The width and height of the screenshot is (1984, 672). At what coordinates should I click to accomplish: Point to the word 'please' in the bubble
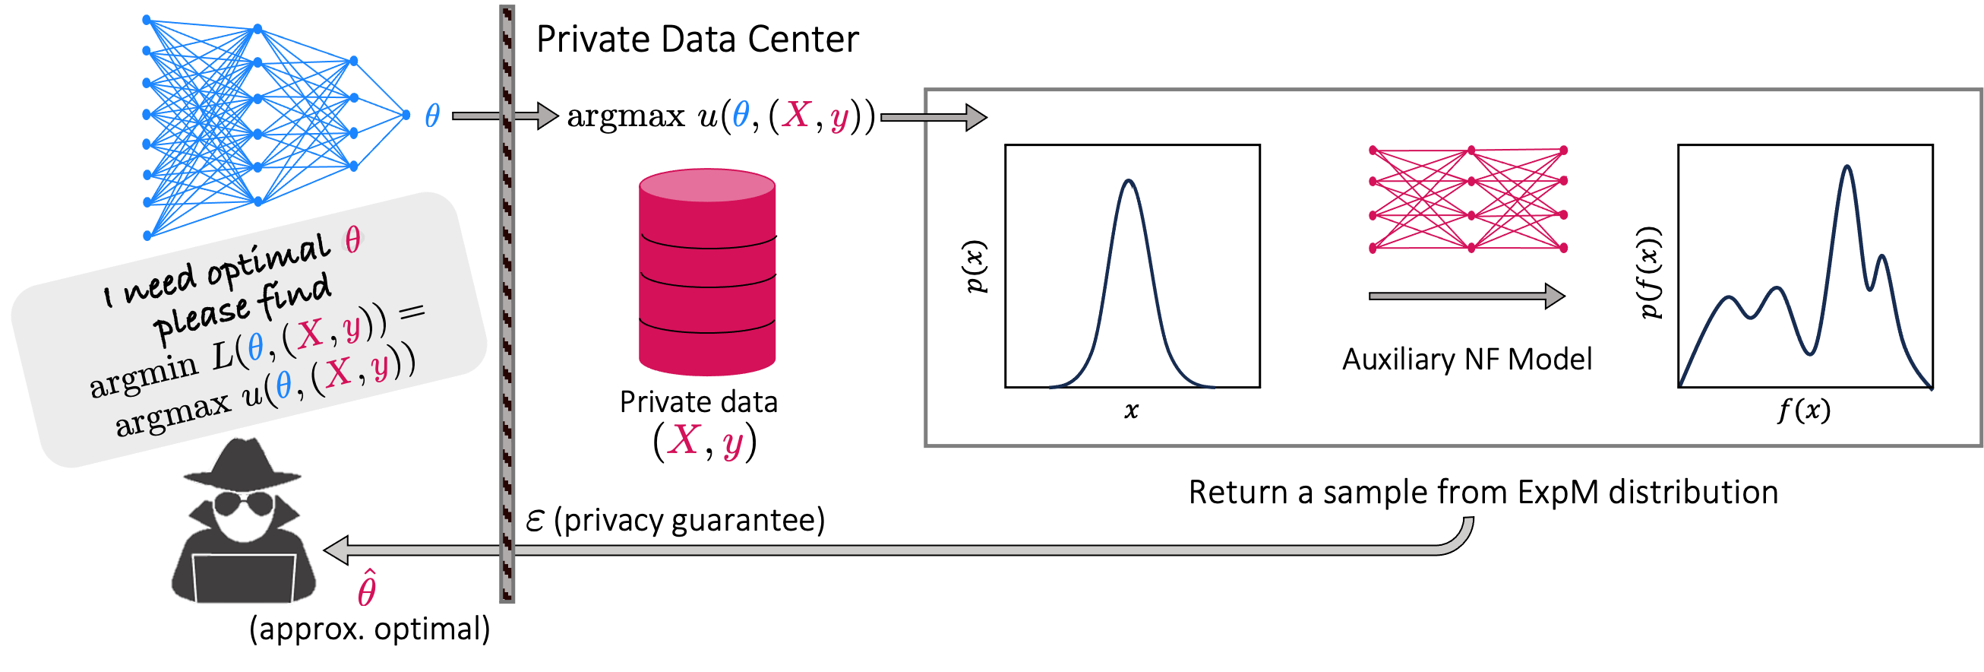[202, 317]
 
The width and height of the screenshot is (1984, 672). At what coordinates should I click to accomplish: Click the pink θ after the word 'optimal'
[352, 240]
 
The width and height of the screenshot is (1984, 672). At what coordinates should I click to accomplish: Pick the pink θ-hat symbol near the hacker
[367, 590]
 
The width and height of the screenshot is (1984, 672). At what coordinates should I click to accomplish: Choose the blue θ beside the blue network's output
[432, 116]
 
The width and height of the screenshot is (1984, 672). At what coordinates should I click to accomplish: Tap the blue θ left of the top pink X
[740, 114]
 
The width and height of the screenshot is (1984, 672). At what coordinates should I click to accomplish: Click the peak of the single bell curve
[1128, 182]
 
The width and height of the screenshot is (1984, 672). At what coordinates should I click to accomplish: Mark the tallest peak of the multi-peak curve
[1846, 167]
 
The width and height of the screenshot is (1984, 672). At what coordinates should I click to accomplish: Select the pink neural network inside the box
[1468, 199]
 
